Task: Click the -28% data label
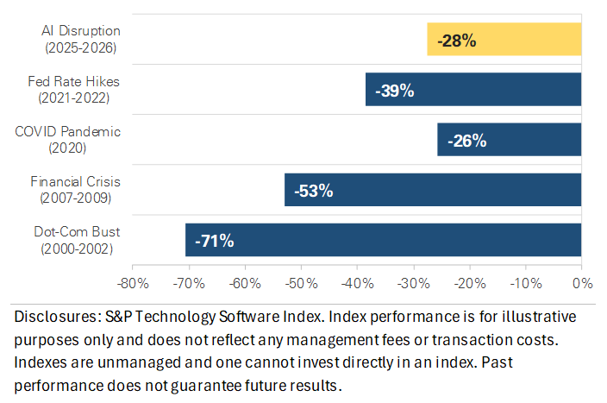point(457,40)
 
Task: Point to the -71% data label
point(215,241)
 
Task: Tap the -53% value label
point(313,191)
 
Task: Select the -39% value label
point(394,90)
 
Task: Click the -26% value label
point(466,140)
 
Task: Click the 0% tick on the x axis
point(582,282)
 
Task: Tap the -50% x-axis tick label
point(300,282)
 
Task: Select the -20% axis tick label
point(469,282)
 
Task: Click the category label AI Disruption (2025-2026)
point(81,39)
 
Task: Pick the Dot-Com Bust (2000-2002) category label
point(79,241)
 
